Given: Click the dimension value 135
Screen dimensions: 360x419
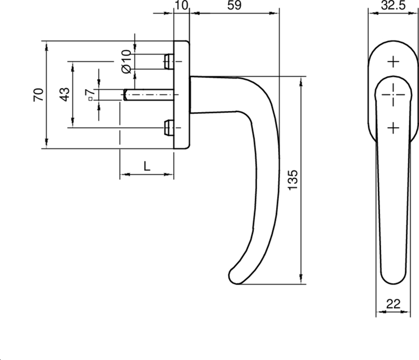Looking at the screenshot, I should click(293, 181).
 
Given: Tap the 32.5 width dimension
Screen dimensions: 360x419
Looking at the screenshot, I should click(393, 6).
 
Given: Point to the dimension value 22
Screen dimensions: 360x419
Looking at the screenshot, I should click(393, 302).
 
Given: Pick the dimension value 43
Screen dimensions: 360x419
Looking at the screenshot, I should click(64, 94).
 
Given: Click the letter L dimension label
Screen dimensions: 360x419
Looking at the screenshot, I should click(147, 166).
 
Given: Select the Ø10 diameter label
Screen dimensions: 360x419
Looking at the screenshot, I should click(126, 62).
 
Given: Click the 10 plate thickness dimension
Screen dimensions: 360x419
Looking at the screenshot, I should click(181, 6).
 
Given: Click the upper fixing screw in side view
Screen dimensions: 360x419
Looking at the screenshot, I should click(168, 61).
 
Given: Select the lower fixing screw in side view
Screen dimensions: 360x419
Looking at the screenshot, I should click(168, 127).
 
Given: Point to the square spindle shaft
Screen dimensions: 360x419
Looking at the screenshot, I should click(149, 95).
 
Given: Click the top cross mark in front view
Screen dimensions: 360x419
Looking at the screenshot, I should click(393, 62).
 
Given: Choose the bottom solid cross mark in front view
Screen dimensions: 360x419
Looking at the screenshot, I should click(393, 127).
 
